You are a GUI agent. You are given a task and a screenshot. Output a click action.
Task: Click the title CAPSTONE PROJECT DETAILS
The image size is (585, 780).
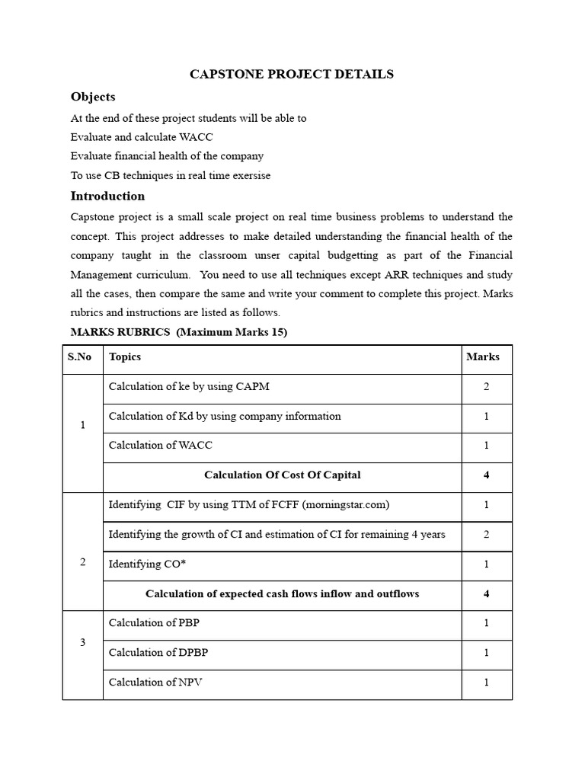[x=292, y=74]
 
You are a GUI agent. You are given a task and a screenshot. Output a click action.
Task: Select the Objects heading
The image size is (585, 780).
[x=93, y=97]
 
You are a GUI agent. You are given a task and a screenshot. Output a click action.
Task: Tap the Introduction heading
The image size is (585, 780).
[x=107, y=196]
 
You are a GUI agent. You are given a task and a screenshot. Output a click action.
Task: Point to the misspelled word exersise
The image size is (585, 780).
[x=247, y=176]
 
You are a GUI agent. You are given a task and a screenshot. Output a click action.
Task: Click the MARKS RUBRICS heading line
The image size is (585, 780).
[x=179, y=332]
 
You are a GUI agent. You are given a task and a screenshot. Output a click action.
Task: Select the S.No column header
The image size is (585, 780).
[x=79, y=356]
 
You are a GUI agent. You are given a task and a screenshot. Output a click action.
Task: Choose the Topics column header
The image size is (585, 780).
[x=125, y=356]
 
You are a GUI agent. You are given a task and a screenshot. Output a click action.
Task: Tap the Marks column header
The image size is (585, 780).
[x=483, y=356]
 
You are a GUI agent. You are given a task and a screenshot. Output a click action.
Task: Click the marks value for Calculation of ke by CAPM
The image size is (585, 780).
[x=486, y=387]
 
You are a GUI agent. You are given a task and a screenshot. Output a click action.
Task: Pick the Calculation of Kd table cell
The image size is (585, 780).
[x=225, y=417]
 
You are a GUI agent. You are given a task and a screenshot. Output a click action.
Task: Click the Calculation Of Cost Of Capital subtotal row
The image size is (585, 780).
[x=282, y=475]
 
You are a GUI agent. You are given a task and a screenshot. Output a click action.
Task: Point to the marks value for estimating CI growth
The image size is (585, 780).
[x=486, y=535]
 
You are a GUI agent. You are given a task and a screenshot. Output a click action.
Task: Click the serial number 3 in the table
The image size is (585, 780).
[x=83, y=642]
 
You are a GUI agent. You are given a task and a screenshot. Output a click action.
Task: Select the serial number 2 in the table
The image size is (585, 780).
[x=83, y=562]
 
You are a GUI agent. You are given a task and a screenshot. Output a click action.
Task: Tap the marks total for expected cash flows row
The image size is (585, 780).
[x=486, y=594]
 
